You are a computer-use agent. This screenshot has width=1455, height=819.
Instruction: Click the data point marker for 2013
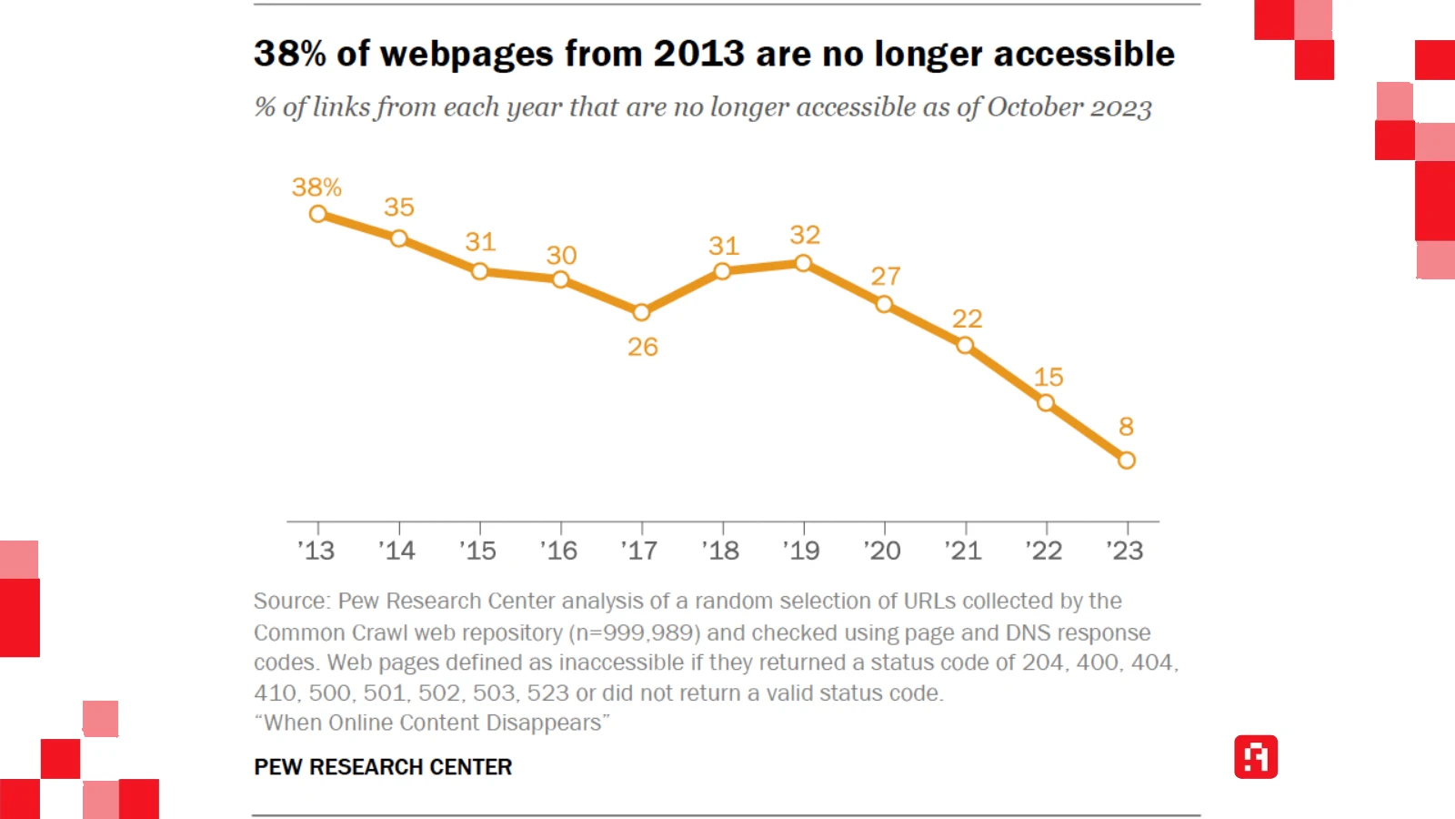pos(318,214)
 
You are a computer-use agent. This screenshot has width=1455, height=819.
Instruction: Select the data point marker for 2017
pos(641,312)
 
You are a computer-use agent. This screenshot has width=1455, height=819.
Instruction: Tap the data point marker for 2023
pos(1127,460)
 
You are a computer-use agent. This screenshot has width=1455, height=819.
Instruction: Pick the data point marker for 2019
pos(803,263)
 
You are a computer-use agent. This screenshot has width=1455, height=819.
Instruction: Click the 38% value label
pos(316,187)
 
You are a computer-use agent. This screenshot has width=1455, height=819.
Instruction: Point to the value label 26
pos(643,347)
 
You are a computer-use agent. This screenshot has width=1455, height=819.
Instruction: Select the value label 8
pos(1126,426)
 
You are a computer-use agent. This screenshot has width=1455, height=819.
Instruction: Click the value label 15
pos(1049,377)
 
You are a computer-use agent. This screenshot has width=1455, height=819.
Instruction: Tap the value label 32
pos(805,235)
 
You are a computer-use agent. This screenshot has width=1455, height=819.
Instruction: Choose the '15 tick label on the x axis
pos(478,551)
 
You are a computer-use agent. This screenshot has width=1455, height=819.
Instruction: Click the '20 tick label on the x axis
pos(882,551)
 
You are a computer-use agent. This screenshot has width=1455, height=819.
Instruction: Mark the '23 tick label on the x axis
pos(1125,551)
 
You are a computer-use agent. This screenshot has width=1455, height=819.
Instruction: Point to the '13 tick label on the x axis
pos(316,551)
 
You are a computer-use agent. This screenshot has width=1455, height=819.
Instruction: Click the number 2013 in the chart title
pos(699,54)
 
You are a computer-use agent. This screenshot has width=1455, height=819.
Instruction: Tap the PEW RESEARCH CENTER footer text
pos(383,767)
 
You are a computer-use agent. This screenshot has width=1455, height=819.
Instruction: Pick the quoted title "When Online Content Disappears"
pos(432,723)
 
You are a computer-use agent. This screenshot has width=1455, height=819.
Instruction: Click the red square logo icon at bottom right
pos(1256,757)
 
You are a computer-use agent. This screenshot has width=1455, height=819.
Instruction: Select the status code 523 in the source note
pos(547,693)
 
